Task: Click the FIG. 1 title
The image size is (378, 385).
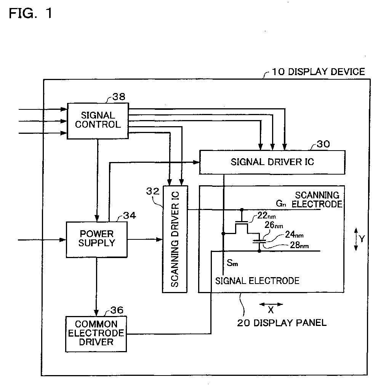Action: coord(30,13)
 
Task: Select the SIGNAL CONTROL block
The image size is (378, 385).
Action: coord(98,121)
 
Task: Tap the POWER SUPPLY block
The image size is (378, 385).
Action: coord(97,240)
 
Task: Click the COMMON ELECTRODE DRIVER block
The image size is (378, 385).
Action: coord(96,334)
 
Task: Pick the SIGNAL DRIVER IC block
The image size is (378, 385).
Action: coord(272,162)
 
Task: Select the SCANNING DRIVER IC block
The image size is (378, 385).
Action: coord(175,239)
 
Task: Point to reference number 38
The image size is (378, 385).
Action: coord(119,97)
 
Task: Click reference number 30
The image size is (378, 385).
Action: coord(323,144)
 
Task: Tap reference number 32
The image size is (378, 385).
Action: coord(153,191)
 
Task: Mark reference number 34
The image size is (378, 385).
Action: coord(130,216)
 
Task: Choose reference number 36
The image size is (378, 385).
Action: coord(117,310)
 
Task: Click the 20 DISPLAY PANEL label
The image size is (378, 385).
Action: coord(282,323)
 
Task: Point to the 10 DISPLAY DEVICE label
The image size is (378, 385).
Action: coord(319,72)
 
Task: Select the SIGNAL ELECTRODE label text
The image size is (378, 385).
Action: coord(257,281)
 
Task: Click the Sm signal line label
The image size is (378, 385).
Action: coord(232,263)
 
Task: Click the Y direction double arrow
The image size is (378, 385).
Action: coord(356,239)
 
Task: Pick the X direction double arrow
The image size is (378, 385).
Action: coord(271,305)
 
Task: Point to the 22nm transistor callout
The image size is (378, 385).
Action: coord(266,216)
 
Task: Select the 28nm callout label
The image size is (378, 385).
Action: coord(299,245)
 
